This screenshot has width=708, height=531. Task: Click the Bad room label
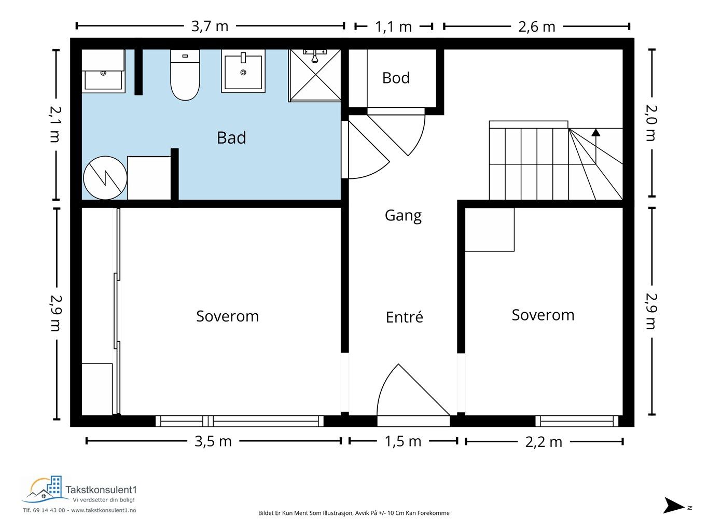coord(231,137)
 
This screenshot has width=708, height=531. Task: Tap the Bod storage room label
coord(396,78)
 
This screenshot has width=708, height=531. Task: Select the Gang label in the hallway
coord(403,216)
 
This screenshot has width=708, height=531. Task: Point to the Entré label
coord(404,317)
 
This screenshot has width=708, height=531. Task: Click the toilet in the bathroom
coord(185,75)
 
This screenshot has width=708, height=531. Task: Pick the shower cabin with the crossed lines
coord(315,75)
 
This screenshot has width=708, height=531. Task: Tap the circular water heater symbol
coord(105,178)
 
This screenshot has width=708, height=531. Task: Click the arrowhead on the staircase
coord(596,132)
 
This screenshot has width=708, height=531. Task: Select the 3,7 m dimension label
coord(210,26)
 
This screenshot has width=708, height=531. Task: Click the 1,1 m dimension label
coord(393,27)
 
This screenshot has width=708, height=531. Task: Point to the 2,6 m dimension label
coord(537,27)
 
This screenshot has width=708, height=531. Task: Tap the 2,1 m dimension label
coord(55,124)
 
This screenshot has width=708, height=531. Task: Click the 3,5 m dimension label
coord(213,441)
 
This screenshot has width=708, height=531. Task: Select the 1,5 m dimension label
coord(403,441)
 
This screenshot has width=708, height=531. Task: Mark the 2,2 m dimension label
coord(544,442)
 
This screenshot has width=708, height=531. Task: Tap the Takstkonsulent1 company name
coord(101,490)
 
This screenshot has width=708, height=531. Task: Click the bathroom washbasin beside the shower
coord(243,71)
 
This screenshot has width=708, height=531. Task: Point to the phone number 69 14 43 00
coord(49,510)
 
